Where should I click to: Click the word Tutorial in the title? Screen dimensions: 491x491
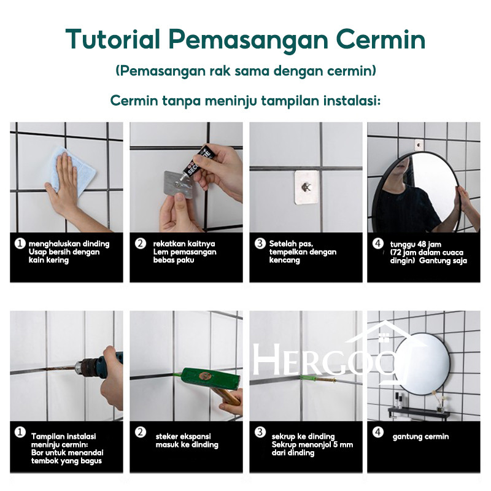(113, 39)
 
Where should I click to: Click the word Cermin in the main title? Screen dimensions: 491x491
(381, 39)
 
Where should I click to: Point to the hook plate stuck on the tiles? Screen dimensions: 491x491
(306, 187)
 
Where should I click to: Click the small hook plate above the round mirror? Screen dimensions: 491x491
(419, 145)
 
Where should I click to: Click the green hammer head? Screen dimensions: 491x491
(206, 378)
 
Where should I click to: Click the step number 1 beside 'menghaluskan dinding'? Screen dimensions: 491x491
(20, 244)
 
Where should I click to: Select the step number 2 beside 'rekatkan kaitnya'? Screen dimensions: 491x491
(141, 244)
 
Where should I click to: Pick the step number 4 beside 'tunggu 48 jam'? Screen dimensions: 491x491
(377, 244)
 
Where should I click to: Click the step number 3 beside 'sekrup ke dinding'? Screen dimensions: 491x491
(260, 432)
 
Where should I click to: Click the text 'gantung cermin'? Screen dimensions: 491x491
(420, 436)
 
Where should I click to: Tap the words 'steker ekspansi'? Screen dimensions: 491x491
(183, 436)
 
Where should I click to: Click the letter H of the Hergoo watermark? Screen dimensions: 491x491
(266, 359)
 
